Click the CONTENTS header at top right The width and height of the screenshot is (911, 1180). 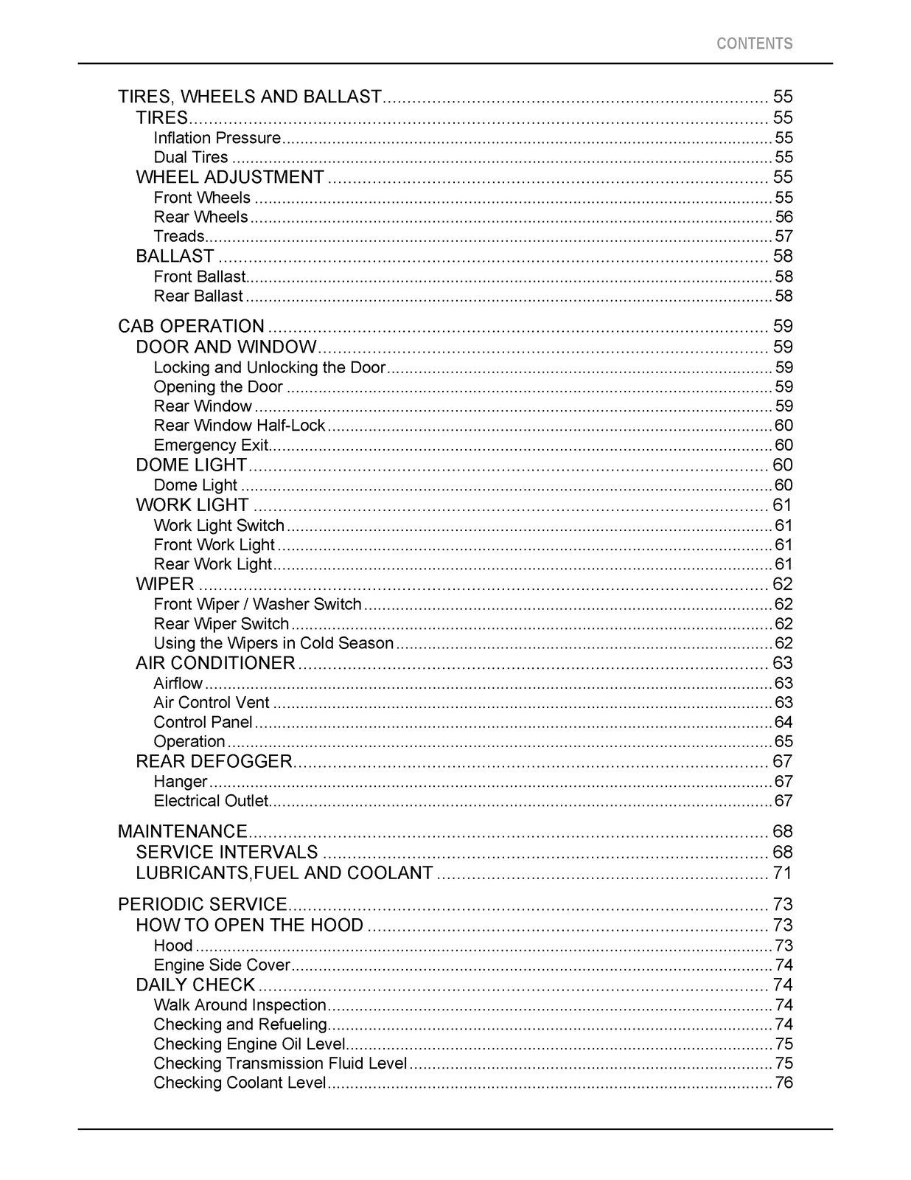point(754,44)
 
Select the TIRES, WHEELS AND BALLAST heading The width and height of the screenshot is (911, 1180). point(250,97)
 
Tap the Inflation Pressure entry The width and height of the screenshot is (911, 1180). point(217,138)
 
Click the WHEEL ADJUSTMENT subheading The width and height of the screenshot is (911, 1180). point(230,177)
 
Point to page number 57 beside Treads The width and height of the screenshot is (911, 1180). point(783,237)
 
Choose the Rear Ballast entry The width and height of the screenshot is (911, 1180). point(198,296)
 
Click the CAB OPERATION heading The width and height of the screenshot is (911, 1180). point(191,326)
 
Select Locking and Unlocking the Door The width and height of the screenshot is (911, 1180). point(269,367)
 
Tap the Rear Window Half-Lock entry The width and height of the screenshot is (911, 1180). point(239,426)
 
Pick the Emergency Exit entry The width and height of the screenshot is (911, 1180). point(210,445)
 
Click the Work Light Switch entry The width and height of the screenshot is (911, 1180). point(218,525)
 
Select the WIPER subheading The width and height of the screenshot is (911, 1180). point(165,584)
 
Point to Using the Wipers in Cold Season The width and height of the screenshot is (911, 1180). point(273,643)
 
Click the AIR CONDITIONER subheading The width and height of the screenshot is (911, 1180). point(215,663)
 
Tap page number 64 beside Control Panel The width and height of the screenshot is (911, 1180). point(783,723)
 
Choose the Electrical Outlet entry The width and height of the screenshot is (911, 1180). point(210,801)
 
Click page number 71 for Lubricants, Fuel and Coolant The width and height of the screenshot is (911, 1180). point(782,873)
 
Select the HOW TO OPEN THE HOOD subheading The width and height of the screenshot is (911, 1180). point(249,926)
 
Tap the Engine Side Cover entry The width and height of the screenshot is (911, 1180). point(222,965)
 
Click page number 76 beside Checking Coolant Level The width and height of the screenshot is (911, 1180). point(783,1083)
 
